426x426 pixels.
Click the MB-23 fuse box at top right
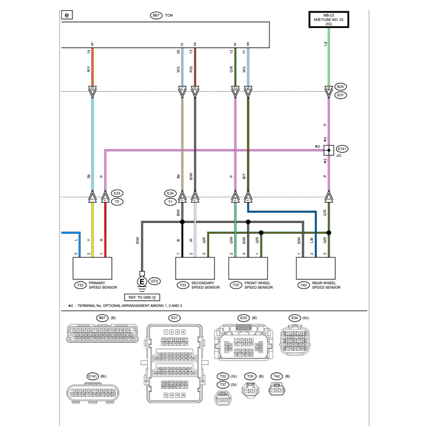pyautogui.click(x=329, y=20)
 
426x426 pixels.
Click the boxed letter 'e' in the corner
pyautogui.click(x=67, y=15)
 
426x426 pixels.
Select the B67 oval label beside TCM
pyautogui.click(x=156, y=15)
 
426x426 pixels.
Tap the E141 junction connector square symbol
pyautogui.click(x=329, y=150)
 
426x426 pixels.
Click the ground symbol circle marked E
pyautogui.click(x=142, y=282)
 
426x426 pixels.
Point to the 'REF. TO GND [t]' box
pyautogui.click(x=142, y=297)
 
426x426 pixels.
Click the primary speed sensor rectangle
pyautogui.click(x=92, y=268)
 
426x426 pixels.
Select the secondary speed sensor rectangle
pyautogui.click(x=195, y=268)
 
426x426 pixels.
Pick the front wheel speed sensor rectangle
pyautogui.click(x=248, y=268)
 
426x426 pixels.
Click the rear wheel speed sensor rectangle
pyautogui.click(x=316, y=268)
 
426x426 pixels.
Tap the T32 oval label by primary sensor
pyautogui.click(x=80, y=285)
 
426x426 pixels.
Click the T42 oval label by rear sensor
pyautogui.click(x=304, y=285)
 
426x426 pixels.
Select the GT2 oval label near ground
pyautogui.click(x=155, y=282)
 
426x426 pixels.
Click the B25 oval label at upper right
pyautogui.click(x=340, y=87)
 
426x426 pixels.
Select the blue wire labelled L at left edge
pyautogui.click(x=71, y=233)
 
